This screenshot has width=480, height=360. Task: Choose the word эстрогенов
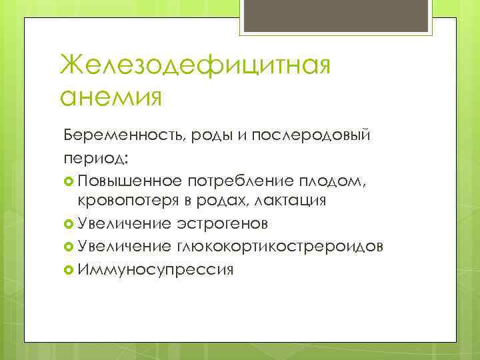223,223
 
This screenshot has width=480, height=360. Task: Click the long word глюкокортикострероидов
279,247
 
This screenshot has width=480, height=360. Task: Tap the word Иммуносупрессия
155,269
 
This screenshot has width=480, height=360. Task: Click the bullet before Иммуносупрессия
69,269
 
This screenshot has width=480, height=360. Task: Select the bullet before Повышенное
69,181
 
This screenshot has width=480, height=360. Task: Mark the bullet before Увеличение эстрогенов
69,223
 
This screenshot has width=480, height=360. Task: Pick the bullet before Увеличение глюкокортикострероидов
69,247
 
